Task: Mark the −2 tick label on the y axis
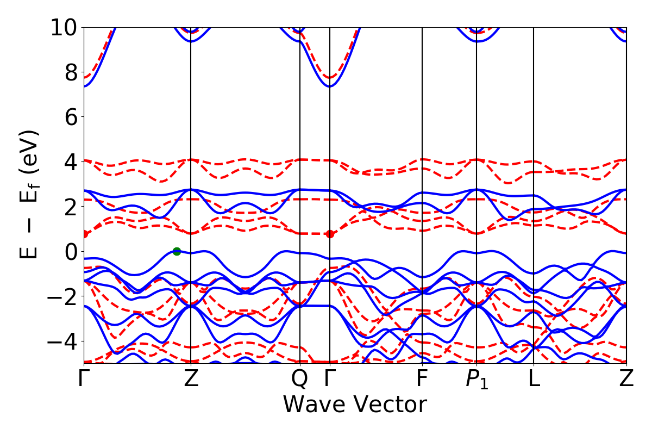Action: tap(61, 296)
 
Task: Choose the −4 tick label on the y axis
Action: tap(61, 341)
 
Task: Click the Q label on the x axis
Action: tap(300, 379)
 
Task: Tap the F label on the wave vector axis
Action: tap(422, 379)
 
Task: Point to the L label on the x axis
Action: tap(534, 379)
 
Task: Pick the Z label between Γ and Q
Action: tap(191, 379)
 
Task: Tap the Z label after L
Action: tap(626, 379)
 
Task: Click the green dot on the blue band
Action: tap(177, 251)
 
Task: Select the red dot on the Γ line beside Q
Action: tap(330, 234)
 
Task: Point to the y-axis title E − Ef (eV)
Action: tap(30, 195)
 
